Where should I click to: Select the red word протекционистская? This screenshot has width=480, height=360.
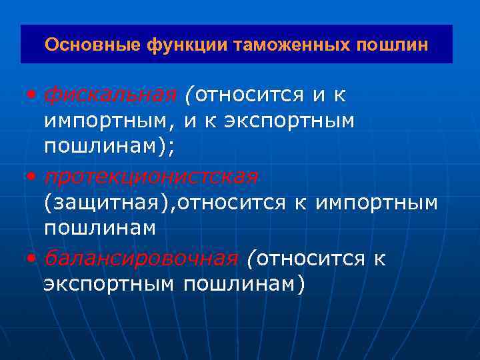[151, 177]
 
